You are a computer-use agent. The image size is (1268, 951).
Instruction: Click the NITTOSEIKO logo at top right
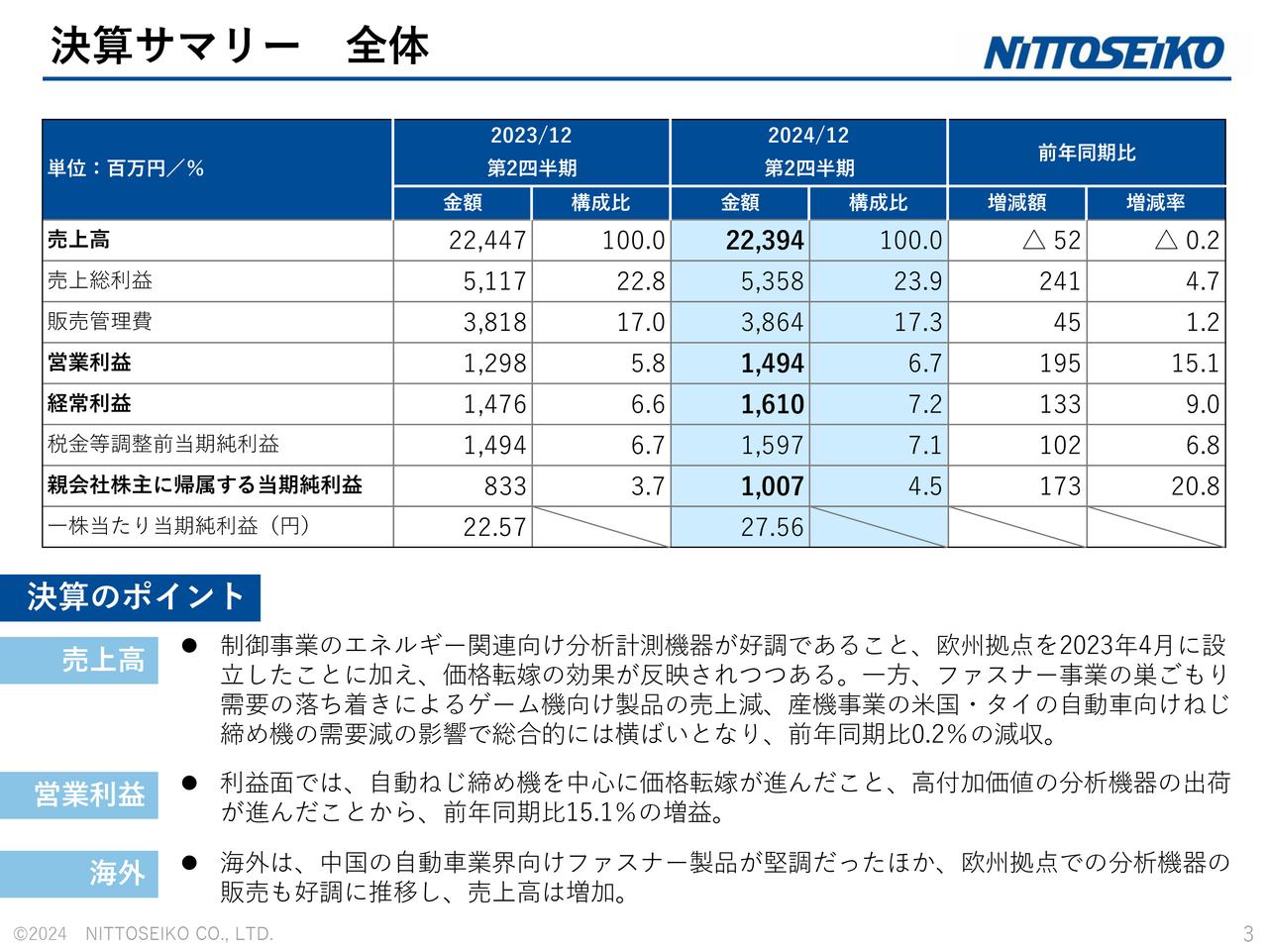1103,53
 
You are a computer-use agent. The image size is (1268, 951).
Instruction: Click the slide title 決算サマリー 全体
240,46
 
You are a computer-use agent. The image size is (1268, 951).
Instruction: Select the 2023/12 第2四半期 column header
532,152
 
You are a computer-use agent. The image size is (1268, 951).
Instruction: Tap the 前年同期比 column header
1087,153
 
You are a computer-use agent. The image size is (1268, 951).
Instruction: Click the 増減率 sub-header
1155,203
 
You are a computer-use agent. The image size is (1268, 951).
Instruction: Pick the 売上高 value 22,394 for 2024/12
765,241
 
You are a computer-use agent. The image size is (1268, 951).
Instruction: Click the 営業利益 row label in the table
89,363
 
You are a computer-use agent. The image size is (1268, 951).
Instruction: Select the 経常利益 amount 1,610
773,404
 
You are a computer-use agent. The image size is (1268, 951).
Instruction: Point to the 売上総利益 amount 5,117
494,281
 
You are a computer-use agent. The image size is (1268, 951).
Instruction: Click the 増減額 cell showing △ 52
1051,241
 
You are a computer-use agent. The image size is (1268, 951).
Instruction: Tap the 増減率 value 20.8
1195,486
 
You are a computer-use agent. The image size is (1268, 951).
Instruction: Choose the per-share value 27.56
772,527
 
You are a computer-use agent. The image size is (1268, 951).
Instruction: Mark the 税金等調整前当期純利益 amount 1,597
772,446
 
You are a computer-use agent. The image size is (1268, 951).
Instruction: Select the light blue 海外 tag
79,873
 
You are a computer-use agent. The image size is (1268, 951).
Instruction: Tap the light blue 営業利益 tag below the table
79,794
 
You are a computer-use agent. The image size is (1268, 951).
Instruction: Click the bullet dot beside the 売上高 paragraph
189,646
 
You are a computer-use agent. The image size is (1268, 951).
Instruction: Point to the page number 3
1247,933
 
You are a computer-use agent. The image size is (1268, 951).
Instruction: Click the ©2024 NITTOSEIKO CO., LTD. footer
144,933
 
